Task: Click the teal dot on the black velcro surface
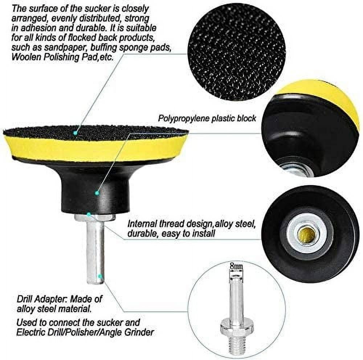(75, 133)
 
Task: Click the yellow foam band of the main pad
(94, 149)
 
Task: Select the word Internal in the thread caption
(142, 224)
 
